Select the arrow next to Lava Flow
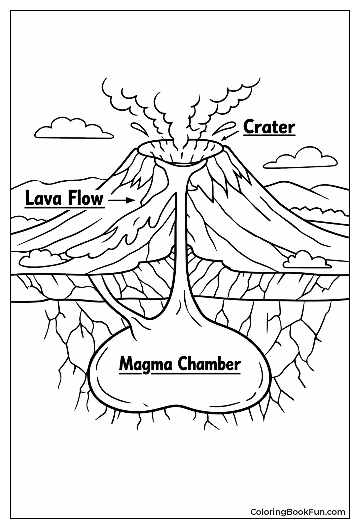tap(121, 200)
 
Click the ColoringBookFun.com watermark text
tap(297, 512)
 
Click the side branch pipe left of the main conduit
tap(112, 304)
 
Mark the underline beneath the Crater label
tap(269, 135)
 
